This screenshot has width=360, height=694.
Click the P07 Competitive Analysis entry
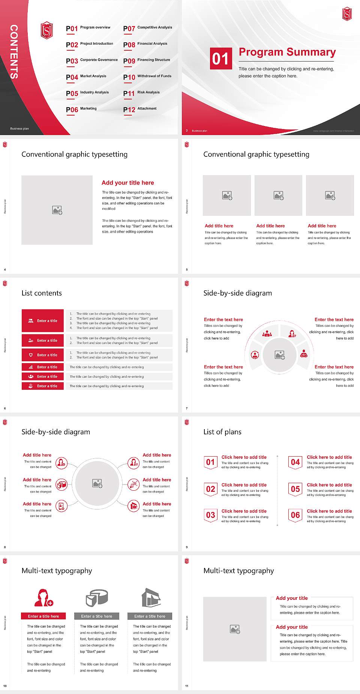click(x=147, y=28)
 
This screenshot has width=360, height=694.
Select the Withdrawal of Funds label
click(x=154, y=76)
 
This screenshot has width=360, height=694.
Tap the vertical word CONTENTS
click(x=14, y=52)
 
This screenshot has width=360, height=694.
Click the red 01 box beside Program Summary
click(x=220, y=59)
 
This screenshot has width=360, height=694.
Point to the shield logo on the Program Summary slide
click(x=347, y=14)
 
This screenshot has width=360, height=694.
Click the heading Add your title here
click(x=127, y=183)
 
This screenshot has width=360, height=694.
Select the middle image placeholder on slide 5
click(x=278, y=195)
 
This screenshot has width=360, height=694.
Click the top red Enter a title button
click(x=43, y=321)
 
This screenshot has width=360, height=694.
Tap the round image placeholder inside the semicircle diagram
click(x=279, y=355)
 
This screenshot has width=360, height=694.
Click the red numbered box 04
click(x=295, y=462)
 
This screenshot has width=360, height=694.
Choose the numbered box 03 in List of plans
click(x=210, y=515)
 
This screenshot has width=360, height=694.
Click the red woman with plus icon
click(x=43, y=598)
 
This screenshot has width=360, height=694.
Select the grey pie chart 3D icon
click(x=97, y=598)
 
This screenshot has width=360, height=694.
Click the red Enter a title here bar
click(x=43, y=616)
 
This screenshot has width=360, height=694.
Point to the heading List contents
click(x=42, y=293)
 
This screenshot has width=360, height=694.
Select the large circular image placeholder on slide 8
click(x=97, y=484)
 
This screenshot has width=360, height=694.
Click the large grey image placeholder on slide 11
click(x=235, y=629)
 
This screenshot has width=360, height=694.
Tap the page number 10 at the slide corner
click(x=5, y=686)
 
